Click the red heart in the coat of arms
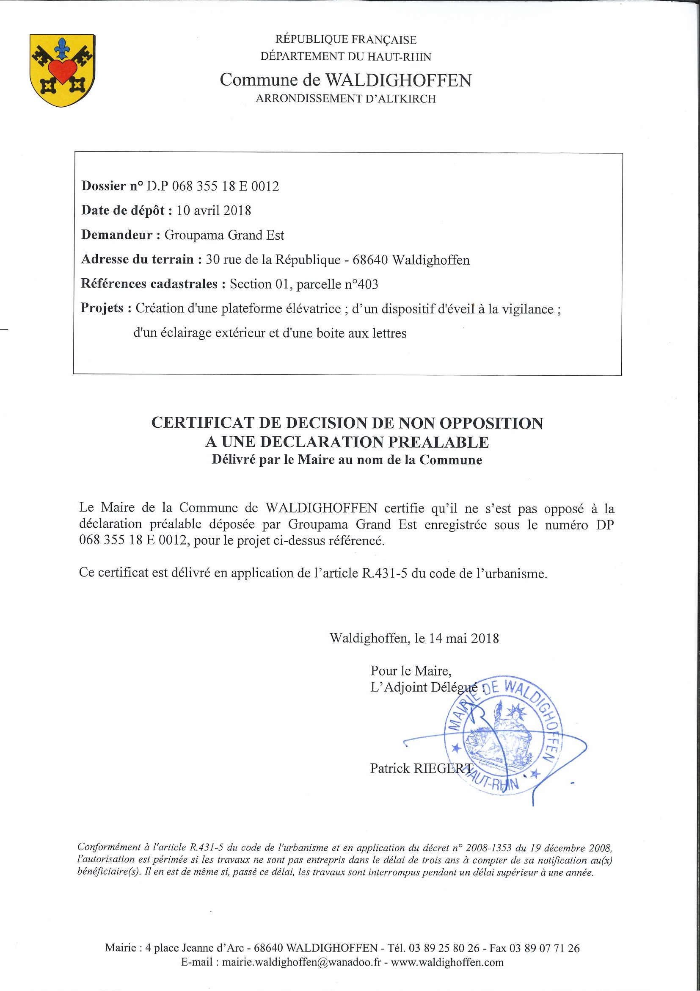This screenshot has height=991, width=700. pyautogui.click(x=62, y=70)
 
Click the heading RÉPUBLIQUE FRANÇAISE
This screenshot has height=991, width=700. pyautogui.click(x=346, y=40)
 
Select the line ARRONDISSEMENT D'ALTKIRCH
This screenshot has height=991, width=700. pyautogui.click(x=345, y=99)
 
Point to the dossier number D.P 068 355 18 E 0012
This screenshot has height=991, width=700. pyautogui.click(x=212, y=186)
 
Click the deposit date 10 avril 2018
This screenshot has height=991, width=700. pyautogui.click(x=214, y=210)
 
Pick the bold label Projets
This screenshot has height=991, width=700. pyautogui.click(x=103, y=308)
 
